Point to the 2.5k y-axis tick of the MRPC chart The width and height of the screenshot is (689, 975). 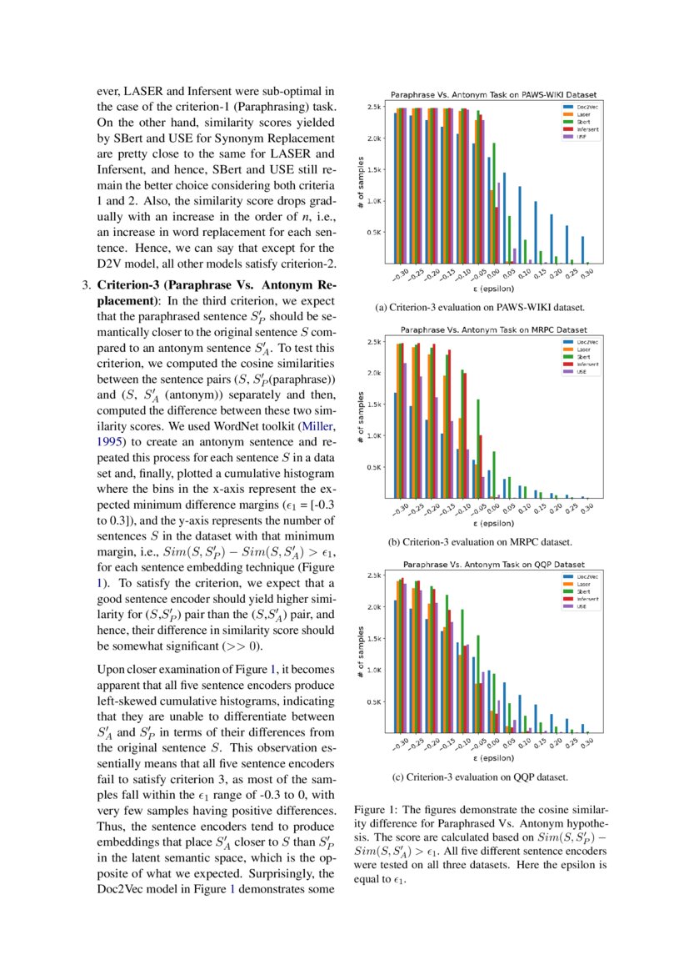(374, 341)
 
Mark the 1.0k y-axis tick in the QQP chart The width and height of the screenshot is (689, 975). (374, 670)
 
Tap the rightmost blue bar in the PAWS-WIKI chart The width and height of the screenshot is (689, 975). (583, 249)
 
